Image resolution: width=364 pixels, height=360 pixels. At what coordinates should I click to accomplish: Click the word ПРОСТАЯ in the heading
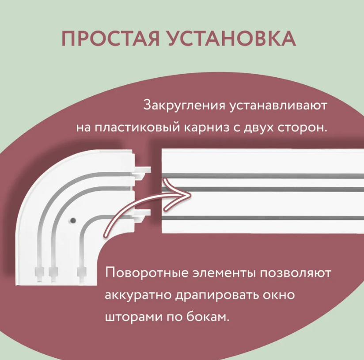coord(110,39)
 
